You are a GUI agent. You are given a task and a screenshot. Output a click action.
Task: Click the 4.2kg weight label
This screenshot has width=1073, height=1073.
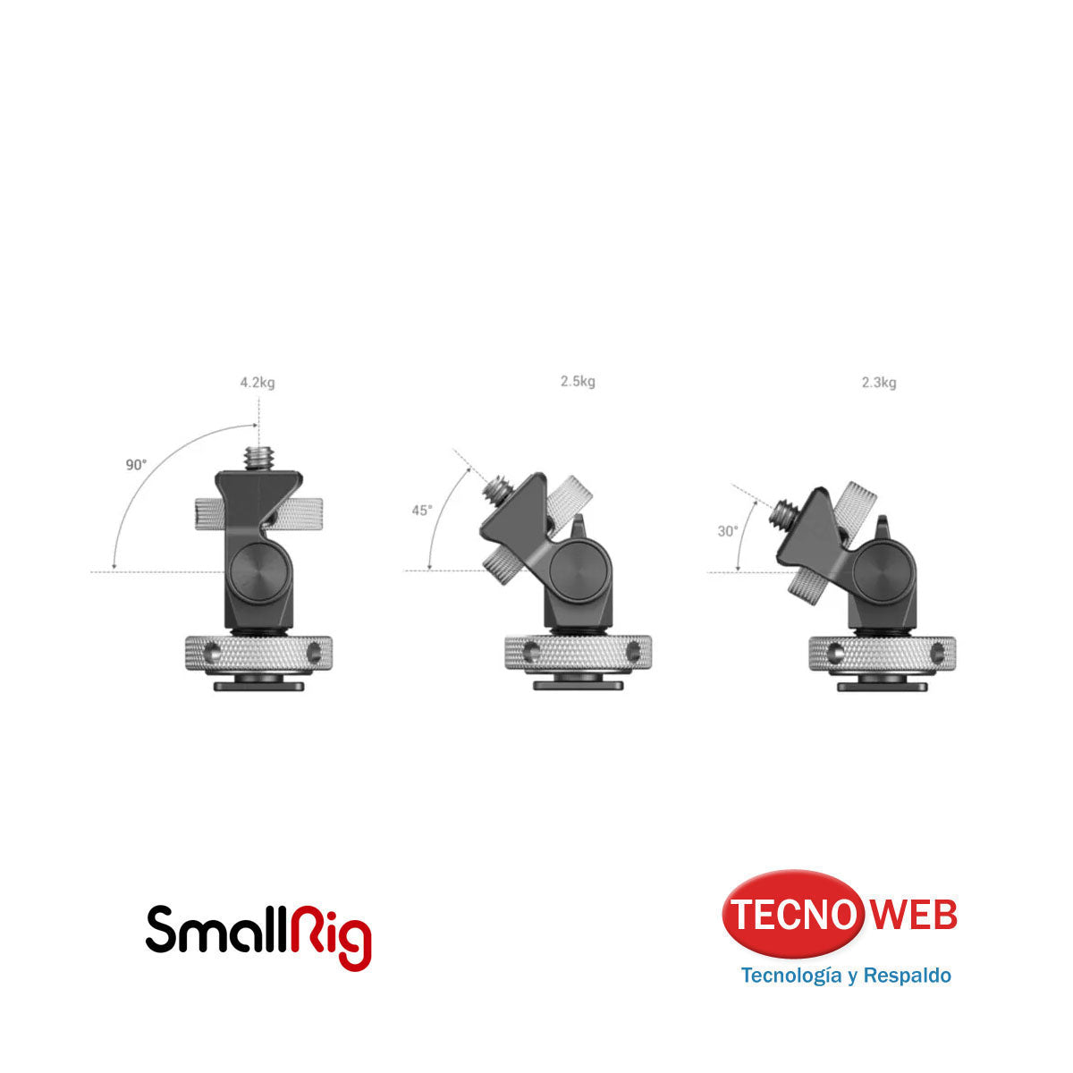pos(257,383)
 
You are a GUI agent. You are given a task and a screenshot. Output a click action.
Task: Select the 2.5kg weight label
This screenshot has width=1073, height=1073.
pos(578,382)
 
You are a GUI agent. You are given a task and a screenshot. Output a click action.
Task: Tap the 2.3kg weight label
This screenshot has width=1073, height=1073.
pos(879,383)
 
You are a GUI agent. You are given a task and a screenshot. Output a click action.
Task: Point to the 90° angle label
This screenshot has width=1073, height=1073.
pos(136,465)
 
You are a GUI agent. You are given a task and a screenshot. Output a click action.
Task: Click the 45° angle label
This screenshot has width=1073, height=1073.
pos(421,511)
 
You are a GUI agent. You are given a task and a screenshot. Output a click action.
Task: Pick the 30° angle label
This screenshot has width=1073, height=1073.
pos(728,530)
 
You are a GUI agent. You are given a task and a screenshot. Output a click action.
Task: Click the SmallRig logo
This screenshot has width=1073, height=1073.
pos(258,935)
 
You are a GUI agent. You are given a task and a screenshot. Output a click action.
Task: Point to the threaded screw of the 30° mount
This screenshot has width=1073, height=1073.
pos(787,513)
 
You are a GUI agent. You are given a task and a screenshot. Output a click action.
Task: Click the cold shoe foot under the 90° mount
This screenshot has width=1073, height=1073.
pos(258,686)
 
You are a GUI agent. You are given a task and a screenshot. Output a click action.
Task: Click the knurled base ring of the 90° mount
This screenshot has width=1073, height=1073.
pos(258,653)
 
